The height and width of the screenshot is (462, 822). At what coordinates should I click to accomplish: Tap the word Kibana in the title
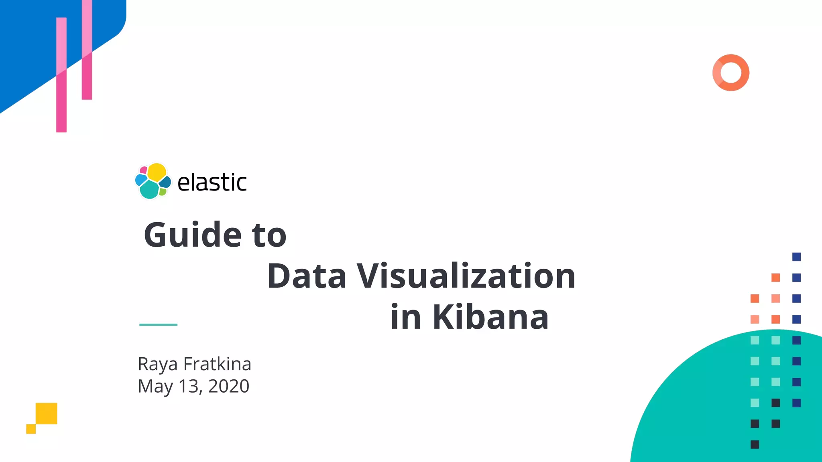tap(490, 317)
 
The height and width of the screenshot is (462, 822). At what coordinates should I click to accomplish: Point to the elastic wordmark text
tap(212, 183)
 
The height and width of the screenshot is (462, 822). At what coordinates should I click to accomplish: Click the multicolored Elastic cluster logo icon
tap(153, 181)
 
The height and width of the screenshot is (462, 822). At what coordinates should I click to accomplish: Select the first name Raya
tap(157, 365)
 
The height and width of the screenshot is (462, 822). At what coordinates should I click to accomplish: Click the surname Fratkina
tap(217, 364)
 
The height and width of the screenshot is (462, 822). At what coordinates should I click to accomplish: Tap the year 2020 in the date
tap(229, 386)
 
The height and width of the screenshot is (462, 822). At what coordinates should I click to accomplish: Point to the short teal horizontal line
tap(158, 324)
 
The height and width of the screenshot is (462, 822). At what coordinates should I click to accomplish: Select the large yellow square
tap(47, 413)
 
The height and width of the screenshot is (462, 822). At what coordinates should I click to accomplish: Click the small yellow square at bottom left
tap(31, 429)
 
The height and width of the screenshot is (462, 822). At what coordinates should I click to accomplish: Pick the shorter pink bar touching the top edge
tap(87, 50)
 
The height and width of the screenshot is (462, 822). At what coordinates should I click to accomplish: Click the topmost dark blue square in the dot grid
tap(796, 257)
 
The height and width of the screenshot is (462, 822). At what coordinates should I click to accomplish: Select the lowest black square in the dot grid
tap(755, 444)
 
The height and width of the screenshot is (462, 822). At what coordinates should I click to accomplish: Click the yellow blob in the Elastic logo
tap(157, 172)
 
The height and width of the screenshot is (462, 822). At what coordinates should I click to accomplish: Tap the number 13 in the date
tap(189, 386)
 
